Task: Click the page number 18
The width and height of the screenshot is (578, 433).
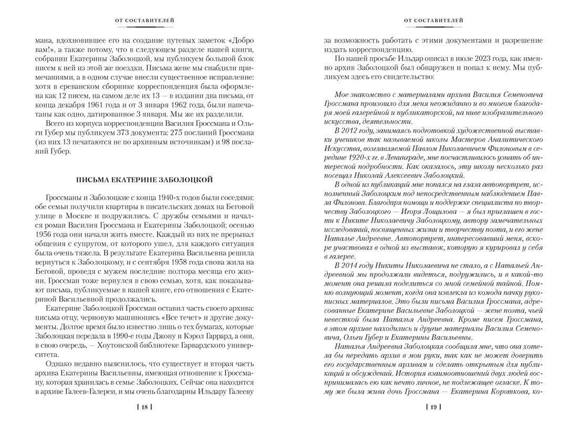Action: (x=145, y=407)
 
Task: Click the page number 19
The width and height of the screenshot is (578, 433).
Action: (x=433, y=407)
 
